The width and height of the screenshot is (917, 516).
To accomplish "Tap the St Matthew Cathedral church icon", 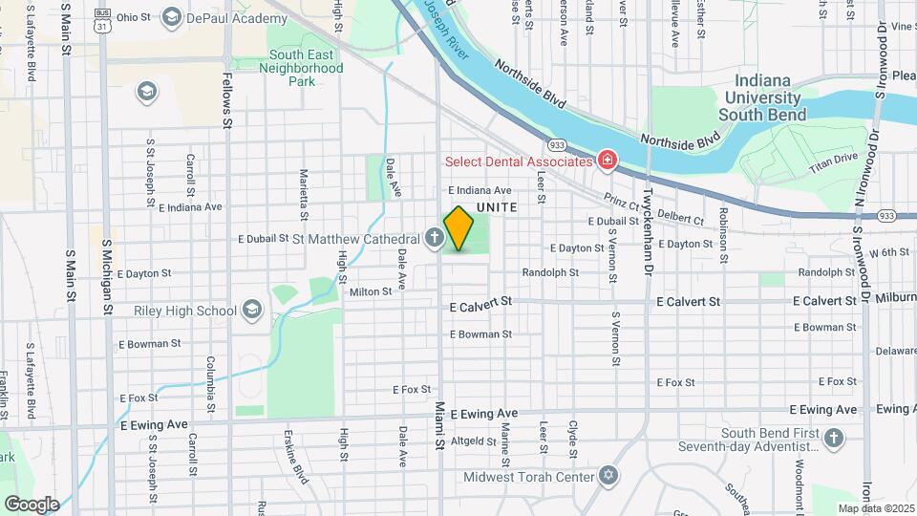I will point(435,238).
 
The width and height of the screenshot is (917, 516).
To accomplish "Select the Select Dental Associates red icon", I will point(606,160).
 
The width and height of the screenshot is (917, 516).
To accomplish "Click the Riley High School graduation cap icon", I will point(251,310).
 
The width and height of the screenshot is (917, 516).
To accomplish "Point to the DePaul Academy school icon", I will point(172,16).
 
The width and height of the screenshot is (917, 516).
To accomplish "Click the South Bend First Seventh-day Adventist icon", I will point(835,439).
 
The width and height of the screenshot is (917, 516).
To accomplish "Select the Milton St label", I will point(371,292).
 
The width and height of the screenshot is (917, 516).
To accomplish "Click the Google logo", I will point(31,504).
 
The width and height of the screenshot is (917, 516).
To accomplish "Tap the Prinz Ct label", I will point(622,202).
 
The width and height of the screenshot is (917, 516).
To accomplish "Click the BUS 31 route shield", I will point(100,22).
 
